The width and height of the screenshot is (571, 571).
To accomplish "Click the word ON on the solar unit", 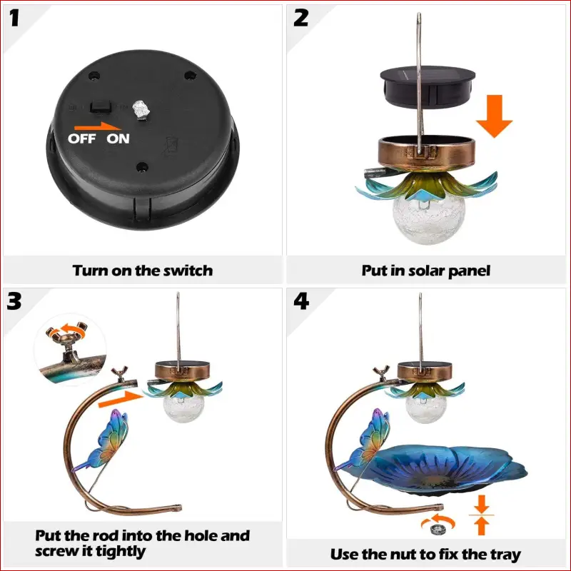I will tap(118, 138).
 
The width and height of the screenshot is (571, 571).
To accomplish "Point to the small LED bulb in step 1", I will tap(141, 109).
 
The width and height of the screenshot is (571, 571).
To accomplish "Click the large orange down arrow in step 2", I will tap(493, 117).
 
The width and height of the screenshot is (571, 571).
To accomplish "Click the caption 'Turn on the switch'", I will tap(143, 271).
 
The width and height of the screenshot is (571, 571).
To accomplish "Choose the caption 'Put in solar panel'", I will tap(426, 271).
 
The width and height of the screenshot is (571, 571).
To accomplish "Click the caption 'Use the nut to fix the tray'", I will tap(426, 554).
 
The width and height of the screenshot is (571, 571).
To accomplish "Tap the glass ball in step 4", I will tap(415, 410).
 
